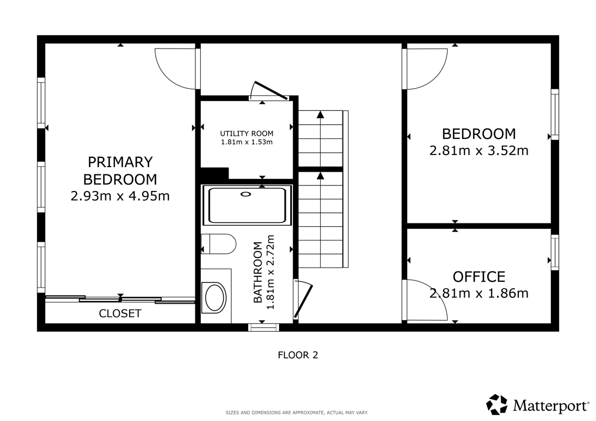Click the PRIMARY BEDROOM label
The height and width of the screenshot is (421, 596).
coord(120,170)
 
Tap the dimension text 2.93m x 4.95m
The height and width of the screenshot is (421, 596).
coord(120,196)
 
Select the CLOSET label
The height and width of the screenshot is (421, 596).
coord(120,313)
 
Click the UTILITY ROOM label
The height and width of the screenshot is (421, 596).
coord(247,134)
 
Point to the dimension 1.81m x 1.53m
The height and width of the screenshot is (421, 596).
coord(247,142)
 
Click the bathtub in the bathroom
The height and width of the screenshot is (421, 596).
coord(247,205)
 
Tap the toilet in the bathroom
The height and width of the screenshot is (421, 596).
coord(218,244)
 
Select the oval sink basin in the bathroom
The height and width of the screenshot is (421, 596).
coord(215,297)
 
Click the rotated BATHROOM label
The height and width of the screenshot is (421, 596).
coord(258,272)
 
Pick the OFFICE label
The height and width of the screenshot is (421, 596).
coord(479,276)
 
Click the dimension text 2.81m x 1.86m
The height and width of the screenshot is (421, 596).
coord(479,294)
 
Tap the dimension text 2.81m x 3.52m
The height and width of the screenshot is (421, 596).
coord(479,151)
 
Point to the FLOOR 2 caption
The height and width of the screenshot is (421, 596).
coord(298,355)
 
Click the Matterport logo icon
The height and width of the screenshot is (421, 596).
coord(497,404)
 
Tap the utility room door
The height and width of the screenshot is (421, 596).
coord(270,90)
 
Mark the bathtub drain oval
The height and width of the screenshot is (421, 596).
coord(246,195)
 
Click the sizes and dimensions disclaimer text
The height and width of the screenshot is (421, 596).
coord(297,413)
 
